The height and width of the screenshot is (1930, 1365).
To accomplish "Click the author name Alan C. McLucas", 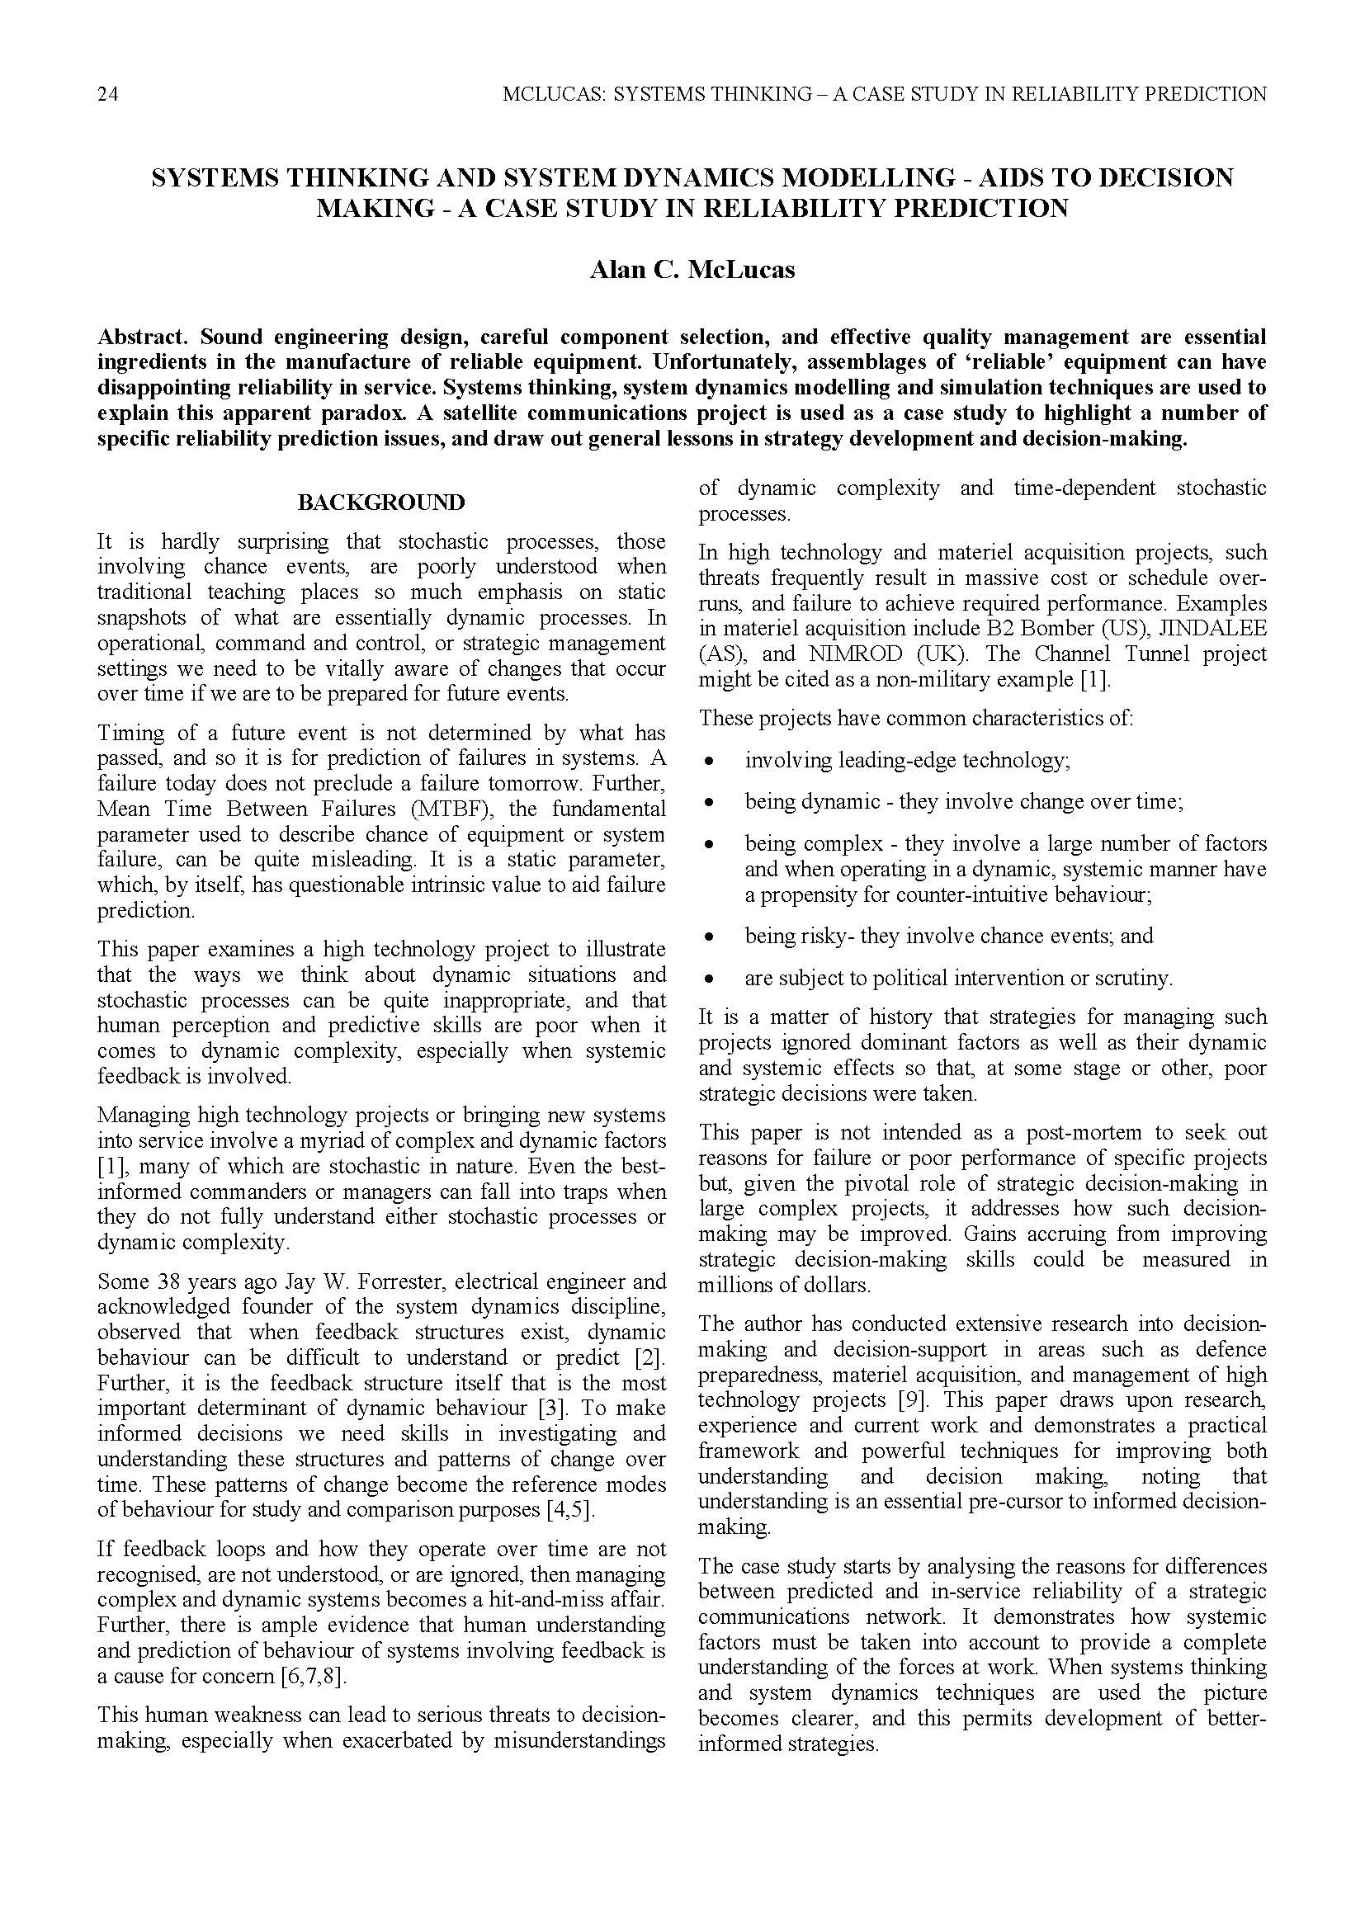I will (691, 270).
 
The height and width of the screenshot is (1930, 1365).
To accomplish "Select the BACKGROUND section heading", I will (380, 503).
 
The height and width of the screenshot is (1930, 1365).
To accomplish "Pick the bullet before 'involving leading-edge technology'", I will (710, 762).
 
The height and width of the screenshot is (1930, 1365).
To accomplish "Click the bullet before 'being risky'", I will (710, 937).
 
